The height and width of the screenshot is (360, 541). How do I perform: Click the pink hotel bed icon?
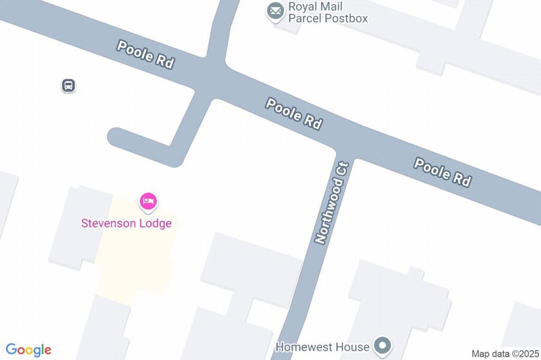[148, 201]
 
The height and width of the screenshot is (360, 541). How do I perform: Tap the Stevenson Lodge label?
[126, 223]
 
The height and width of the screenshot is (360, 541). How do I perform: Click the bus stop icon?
[68, 85]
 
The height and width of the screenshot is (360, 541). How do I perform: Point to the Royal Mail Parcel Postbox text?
[328, 13]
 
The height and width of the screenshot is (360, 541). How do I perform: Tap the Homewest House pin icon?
[382, 346]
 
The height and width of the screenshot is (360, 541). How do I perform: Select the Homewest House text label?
[322, 347]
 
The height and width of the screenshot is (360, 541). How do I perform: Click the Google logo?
[29, 349]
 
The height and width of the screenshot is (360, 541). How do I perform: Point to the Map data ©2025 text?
[505, 354]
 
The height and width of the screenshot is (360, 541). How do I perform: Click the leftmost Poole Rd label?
[145, 54]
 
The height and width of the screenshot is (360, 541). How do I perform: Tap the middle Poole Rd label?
[294, 113]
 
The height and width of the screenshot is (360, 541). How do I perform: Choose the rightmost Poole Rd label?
[442, 172]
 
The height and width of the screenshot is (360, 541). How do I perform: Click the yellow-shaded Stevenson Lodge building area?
[135, 264]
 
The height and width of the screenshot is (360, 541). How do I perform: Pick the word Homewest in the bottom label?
[305, 347]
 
